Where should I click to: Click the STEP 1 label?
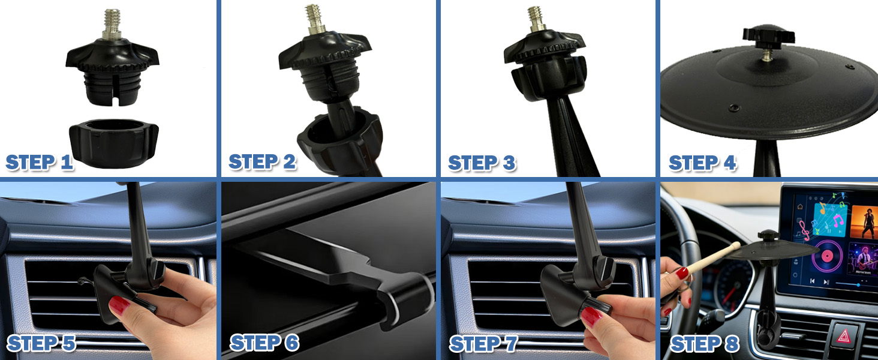[39, 163]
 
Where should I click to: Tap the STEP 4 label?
[702, 163]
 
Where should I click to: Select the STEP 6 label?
[264, 343]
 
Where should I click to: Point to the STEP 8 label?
[704, 344]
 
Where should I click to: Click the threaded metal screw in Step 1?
[113, 24]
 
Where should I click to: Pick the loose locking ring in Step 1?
[114, 143]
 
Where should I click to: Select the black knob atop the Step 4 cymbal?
[769, 35]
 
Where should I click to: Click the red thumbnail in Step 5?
[119, 305]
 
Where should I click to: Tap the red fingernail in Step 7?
[591, 316]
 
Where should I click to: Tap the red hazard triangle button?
[843, 336]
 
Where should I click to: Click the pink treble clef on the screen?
[804, 230]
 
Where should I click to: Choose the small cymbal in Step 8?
[771, 250]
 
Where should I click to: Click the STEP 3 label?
[482, 163]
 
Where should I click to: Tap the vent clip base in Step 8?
[768, 330]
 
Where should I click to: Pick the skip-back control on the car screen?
[813, 281]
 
